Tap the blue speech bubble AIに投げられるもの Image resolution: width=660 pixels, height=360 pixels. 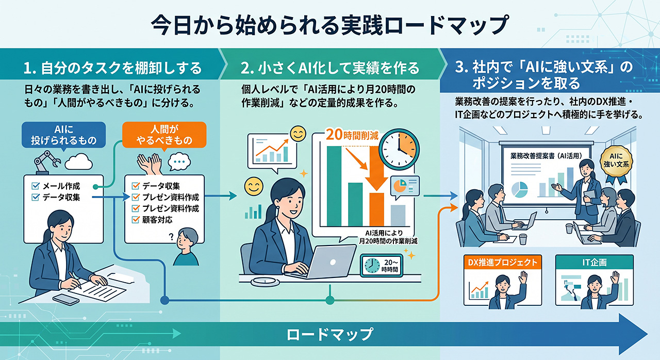(x=63, y=135)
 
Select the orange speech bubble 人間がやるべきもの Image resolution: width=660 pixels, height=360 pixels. (x=164, y=135)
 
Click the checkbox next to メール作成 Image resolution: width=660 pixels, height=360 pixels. (x=36, y=186)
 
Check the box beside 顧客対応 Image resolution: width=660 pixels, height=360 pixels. (x=136, y=220)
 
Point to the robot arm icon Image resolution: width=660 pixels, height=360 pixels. (x=46, y=162)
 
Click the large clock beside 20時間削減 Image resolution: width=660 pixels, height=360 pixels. (x=399, y=149)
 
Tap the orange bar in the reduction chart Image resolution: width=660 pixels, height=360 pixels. (x=377, y=209)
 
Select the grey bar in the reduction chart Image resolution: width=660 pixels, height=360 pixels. (x=398, y=216)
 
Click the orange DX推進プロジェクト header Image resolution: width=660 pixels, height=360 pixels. (x=503, y=262)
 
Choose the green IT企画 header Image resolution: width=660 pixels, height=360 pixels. (x=595, y=262)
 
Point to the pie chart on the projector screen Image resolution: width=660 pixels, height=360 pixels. (x=519, y=189)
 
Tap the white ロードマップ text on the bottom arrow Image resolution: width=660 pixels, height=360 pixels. (x=329, y=334)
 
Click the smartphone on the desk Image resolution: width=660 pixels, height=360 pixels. (x=65, y=299)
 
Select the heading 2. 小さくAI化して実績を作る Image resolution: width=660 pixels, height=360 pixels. (x=329, y=68)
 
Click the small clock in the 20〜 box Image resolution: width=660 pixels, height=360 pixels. (x=372, y=266)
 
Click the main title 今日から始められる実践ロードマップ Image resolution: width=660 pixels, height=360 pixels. (x=329, y=25)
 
